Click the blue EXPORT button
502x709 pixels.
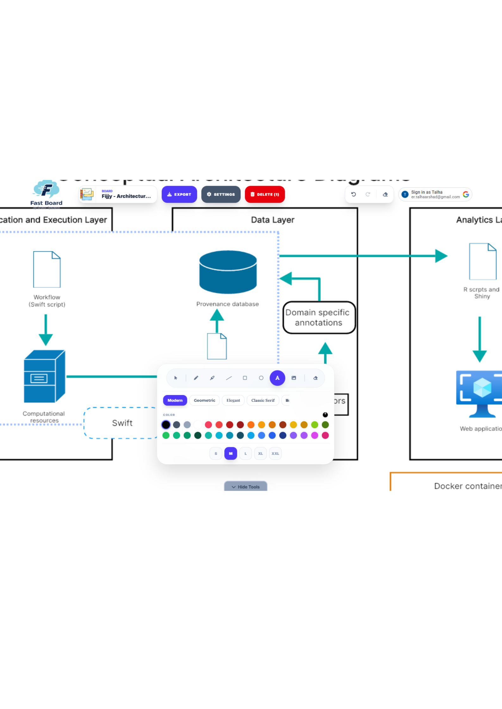tap(179, 194)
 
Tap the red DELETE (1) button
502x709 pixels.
tap(264, 194)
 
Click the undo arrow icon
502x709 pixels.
tap(353, 194)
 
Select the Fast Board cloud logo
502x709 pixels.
tap(46, 190)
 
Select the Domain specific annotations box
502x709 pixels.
tap(319, 317)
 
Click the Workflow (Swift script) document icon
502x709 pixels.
tap(47, 269)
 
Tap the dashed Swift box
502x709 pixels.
tap(122, 423)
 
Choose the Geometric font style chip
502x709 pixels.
tap(204, 400)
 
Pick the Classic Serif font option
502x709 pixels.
tap(263, 400)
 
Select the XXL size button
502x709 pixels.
tap(275, 453)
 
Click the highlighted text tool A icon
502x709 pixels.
tap(277, 378)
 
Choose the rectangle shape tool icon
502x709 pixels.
tap(245, 378)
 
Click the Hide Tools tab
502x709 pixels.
tap(245, 486)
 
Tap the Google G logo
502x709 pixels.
tap(465, 194)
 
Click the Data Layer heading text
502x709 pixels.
tap(272, 220)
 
